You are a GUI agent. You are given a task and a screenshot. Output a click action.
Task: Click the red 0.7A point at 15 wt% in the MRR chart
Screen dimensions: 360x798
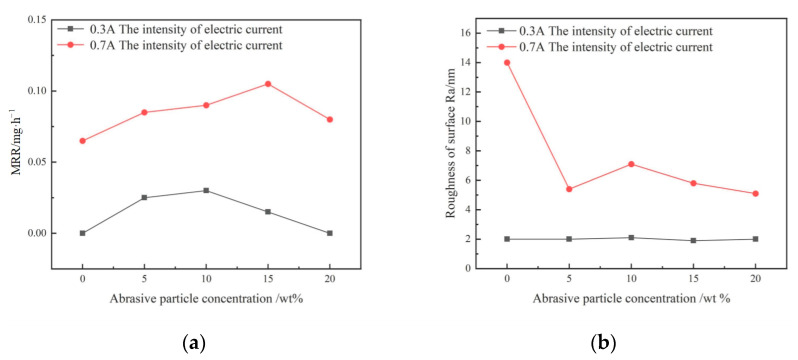[x=268, y=84]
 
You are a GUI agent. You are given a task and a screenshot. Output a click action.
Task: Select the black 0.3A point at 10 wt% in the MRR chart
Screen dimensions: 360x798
[x=206, y=190]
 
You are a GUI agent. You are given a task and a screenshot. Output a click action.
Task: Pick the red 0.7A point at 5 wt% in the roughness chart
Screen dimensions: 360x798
[x=569, y=189]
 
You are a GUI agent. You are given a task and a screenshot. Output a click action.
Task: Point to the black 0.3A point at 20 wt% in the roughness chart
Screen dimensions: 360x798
[x=755, y=239]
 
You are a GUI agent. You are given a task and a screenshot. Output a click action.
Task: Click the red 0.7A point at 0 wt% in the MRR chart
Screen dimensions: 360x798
[x=83, y=141]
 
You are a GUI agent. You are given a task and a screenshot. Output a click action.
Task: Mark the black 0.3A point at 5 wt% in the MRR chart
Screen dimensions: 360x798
[x=144, y=198]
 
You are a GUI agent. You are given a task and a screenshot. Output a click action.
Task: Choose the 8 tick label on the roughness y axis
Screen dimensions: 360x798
[x=466, y=151]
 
